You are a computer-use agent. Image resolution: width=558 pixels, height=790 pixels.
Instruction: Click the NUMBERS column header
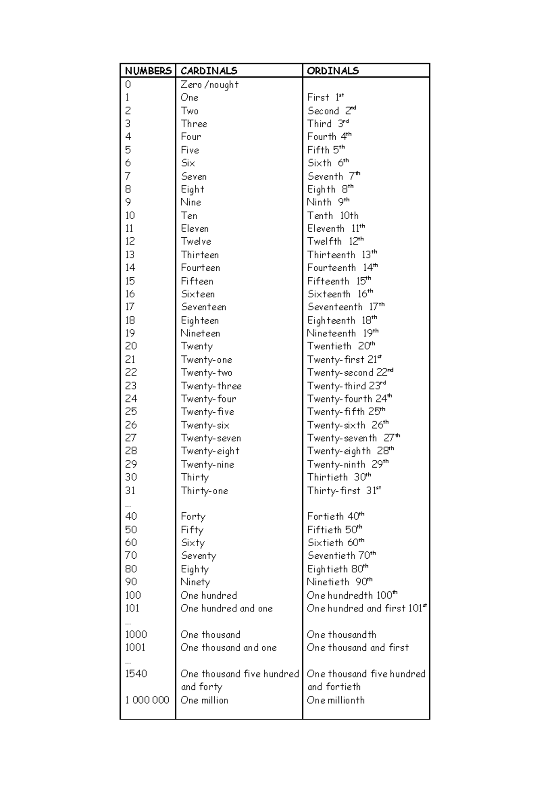tap(148, 71)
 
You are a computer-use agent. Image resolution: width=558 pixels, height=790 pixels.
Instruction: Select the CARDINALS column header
tap(209, 71)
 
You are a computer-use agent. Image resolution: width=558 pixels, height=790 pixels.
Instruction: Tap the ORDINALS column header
tap(333, 71)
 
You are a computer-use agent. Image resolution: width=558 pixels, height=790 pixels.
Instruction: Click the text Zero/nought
tap(210, 85)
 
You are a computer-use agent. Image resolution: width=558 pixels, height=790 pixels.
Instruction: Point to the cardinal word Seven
tap(194, 176)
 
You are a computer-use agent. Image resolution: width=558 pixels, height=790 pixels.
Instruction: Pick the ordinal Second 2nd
tap(332, 111)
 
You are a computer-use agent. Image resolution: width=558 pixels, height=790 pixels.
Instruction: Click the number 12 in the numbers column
tap(130, 241)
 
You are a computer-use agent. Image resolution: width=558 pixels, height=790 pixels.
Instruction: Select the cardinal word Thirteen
tap(200, 255)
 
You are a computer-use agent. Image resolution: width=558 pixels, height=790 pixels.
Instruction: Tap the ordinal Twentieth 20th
tap(341, 346)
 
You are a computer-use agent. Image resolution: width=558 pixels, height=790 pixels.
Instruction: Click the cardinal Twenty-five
tap(207, 412)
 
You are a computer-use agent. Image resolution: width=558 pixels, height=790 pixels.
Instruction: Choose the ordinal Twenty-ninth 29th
tap(347, 464)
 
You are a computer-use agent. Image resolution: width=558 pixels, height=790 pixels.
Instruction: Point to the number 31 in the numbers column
tap(130, 490)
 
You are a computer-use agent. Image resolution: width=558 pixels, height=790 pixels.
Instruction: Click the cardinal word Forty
tap(193, 516)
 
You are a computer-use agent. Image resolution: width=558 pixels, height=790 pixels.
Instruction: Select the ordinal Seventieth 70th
tap(341, 556)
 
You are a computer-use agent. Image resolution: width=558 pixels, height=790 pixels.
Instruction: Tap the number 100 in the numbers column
tap(133, 595)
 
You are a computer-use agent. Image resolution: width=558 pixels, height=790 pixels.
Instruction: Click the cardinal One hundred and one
tap(226, 608)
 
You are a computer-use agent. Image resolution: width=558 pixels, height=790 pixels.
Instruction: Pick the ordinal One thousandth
tap(341, 635)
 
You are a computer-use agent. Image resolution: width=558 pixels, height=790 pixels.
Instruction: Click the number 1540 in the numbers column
tap(136, 674)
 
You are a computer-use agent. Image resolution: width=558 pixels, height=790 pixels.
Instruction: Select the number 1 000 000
tap(147, 700)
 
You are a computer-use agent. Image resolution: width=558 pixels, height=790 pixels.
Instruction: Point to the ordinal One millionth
tap(336, 700)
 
